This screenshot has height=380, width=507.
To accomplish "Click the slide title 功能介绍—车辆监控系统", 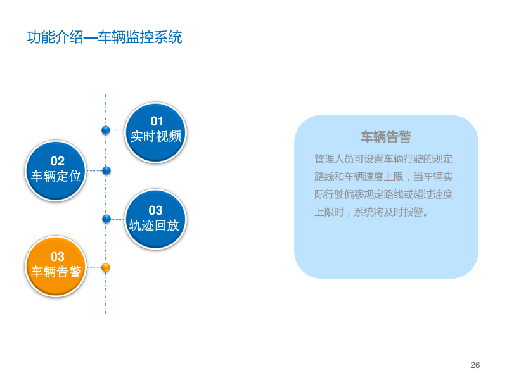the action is point(105,37).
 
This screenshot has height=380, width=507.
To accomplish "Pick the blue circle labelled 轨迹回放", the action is point(155,218).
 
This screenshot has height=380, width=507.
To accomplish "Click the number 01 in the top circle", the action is point(157,121).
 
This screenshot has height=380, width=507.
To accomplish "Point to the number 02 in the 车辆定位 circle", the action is point(58,161).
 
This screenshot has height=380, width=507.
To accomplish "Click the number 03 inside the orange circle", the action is point(58,256).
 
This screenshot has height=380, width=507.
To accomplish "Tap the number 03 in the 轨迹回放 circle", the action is point(155,210).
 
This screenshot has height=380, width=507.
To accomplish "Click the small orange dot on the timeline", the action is point(106,267).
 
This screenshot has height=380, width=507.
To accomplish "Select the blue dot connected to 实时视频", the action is point(106,130).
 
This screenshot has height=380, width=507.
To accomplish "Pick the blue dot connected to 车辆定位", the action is point(106,170).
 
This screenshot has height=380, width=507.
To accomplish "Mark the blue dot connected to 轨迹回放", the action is point(106,218).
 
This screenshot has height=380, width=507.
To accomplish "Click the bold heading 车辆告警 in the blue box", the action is point(386,137).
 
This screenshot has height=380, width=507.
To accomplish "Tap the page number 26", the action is point(475,365).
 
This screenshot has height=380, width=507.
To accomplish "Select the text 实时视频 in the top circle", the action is point(156,136).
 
